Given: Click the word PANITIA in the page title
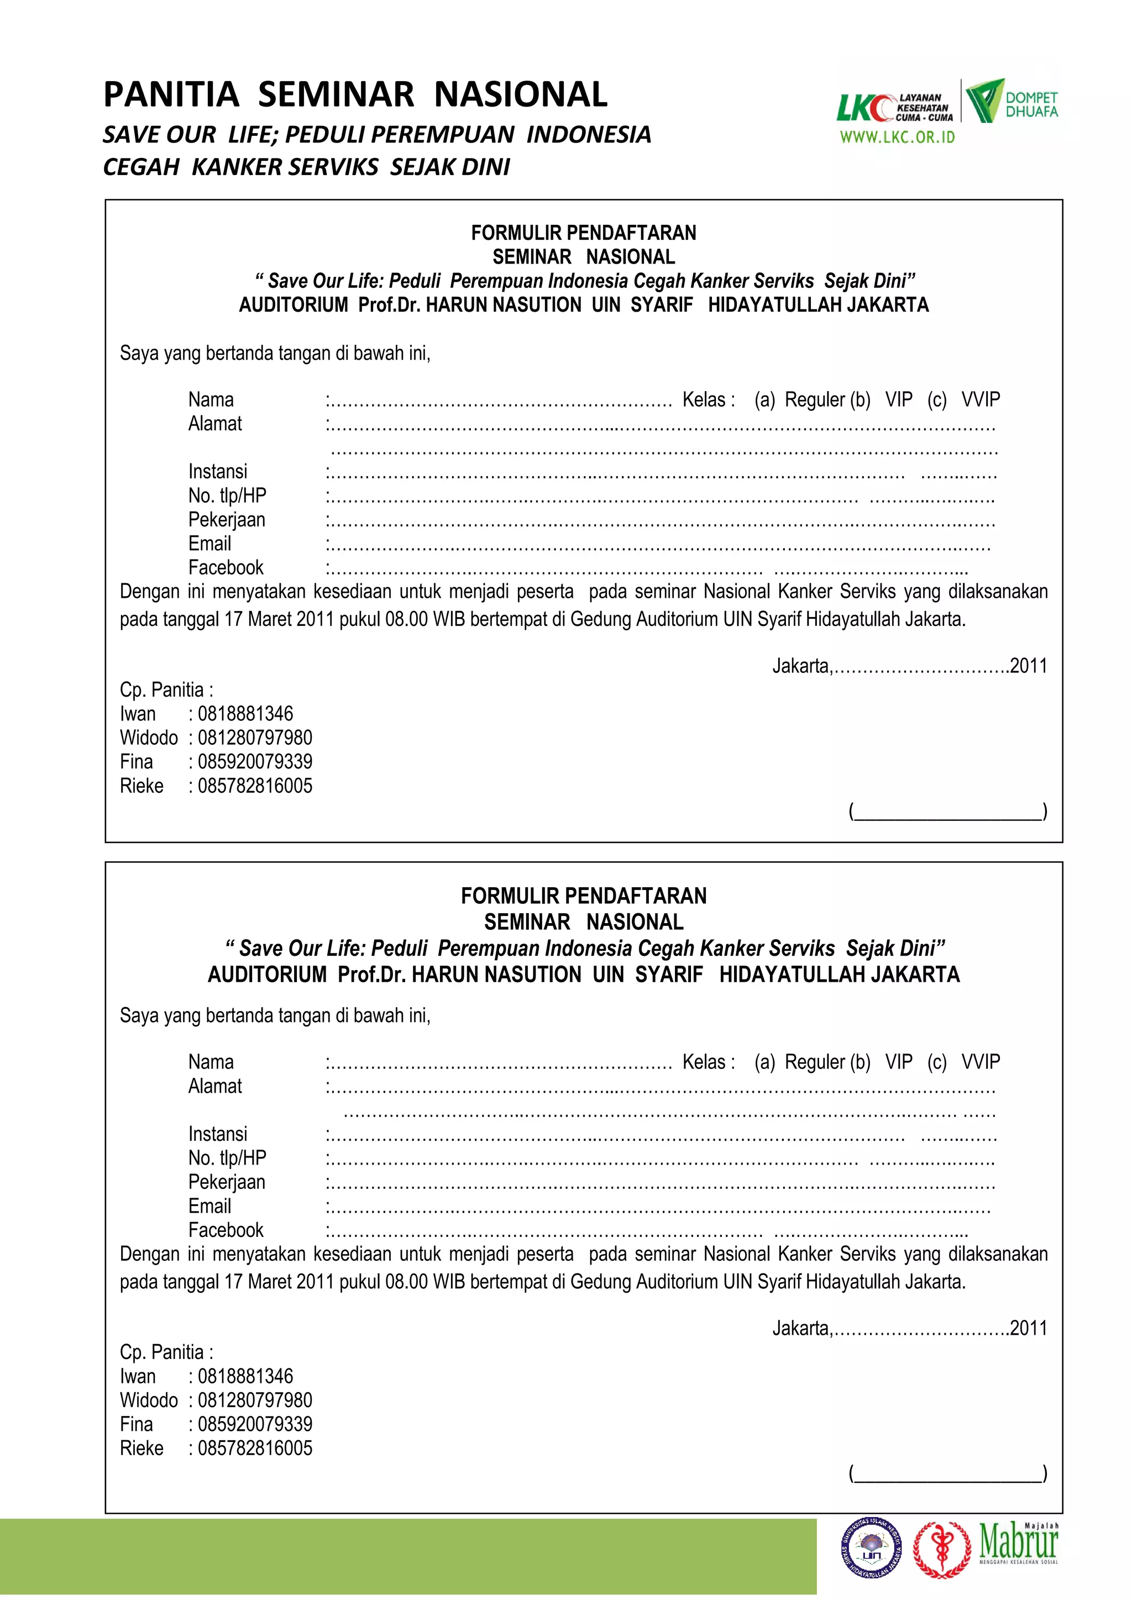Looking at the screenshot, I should point(171,95).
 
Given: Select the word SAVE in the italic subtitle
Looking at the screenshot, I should point(130,135).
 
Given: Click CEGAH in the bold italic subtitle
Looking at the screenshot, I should point(141,167).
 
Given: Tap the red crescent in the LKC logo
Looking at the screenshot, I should point(884,108).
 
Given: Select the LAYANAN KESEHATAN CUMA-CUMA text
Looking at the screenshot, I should point(924,108).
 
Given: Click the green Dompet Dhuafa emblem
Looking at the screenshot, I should point(984,101).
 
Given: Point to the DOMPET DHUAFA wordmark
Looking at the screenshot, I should point(1031,104).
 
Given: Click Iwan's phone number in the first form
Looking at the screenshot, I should point(245,714).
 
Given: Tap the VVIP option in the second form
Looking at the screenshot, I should point(980,1062).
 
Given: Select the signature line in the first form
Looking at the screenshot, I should point(948,812).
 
